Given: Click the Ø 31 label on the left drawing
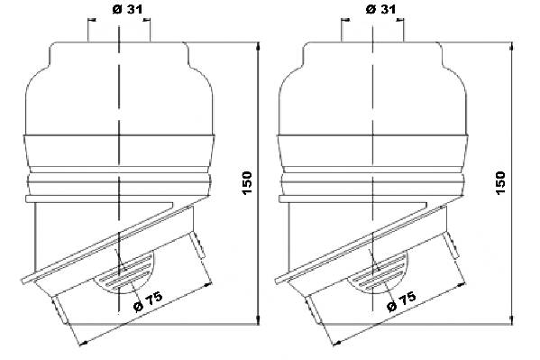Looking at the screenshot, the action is coord(127,9).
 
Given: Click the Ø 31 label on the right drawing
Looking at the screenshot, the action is coord(381,9).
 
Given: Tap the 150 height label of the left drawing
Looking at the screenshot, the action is coord(247,183).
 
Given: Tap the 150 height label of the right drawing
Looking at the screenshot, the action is coord(500,183).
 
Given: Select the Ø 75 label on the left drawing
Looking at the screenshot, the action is coord(148,301).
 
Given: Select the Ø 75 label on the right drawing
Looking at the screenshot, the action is coord(401,301).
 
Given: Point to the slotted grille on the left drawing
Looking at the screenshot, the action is coord(124,273).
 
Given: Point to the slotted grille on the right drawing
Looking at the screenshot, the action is coord(378,273).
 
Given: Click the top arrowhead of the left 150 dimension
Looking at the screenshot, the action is coord(258,47).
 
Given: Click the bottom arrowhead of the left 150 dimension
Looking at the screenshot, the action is coord(258,319).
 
